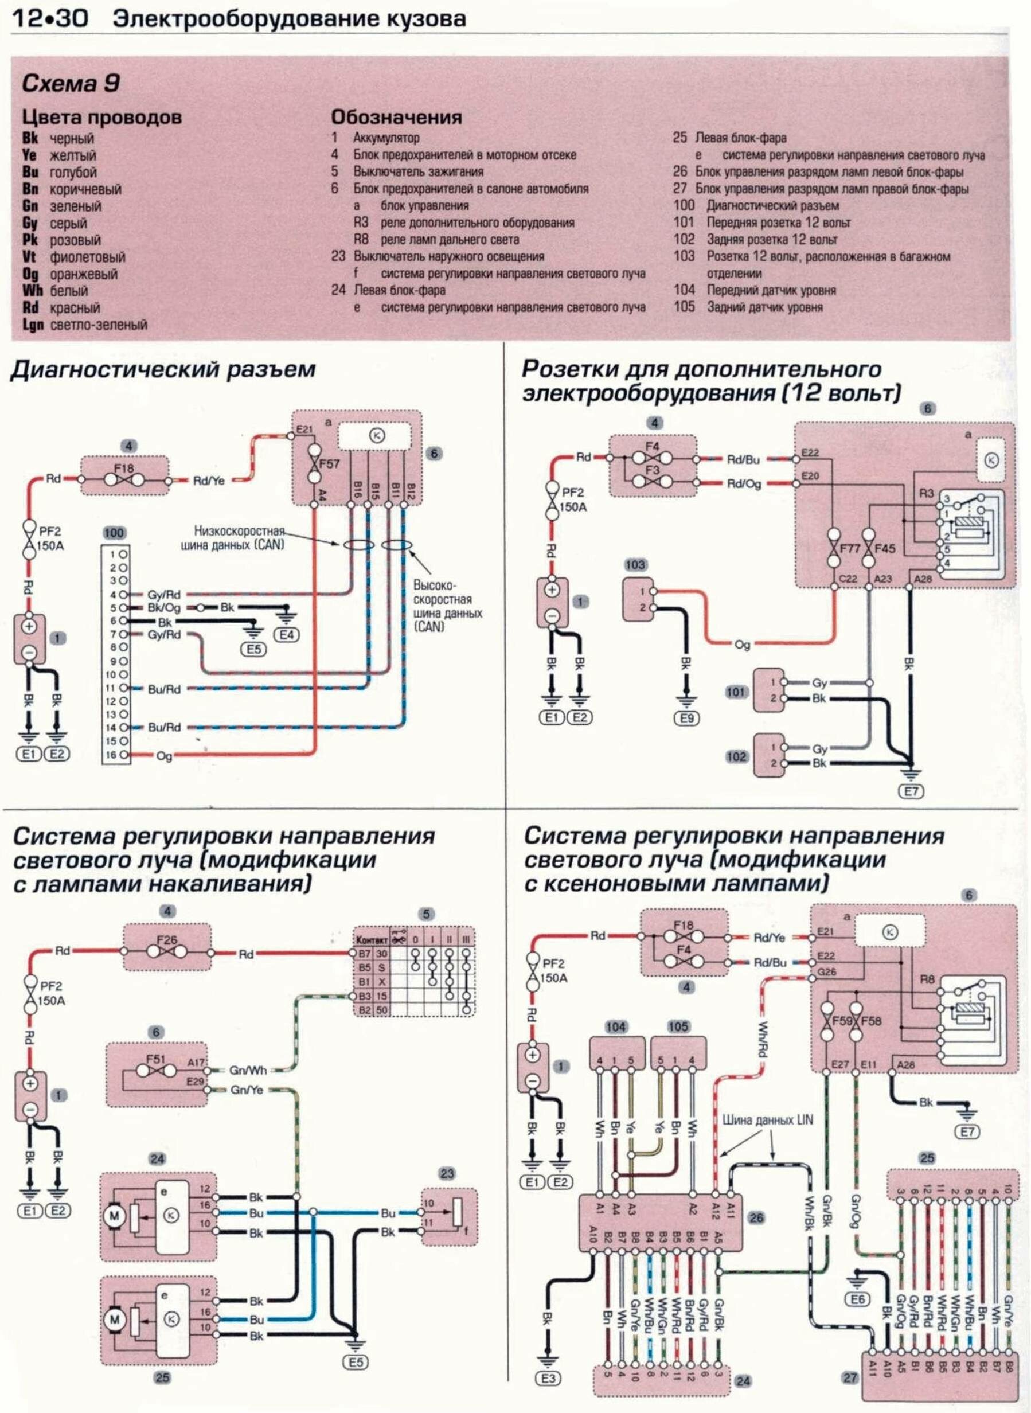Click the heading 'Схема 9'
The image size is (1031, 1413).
tap(71, 84)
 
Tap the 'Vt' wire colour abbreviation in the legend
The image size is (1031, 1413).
tap(29, 256)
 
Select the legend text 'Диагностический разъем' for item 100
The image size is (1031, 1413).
tap(772, 205)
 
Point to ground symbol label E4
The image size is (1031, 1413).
tap(289, 635)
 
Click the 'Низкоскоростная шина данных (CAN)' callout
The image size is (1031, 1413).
tap(239, 538)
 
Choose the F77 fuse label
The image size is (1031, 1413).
tap(849, 549)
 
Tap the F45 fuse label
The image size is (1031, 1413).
tap(884, 549)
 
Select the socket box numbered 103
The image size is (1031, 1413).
tap(639, 600)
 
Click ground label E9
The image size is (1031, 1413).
tap(686, 719)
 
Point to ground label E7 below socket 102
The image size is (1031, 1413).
tap(911, 791)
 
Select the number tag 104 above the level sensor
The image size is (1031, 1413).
tap(616, 1026)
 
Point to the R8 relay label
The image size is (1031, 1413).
tap(927, 979)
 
